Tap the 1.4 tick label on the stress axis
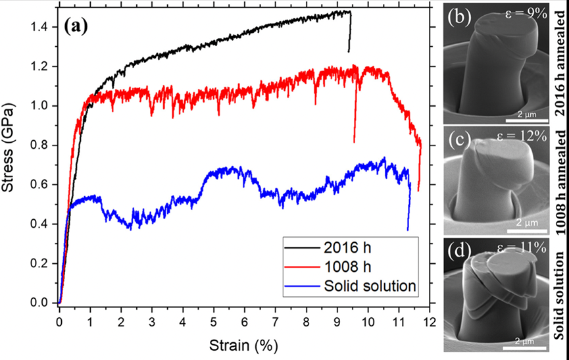[x=41, y=27]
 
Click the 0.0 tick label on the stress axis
[x=41, y=303]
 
